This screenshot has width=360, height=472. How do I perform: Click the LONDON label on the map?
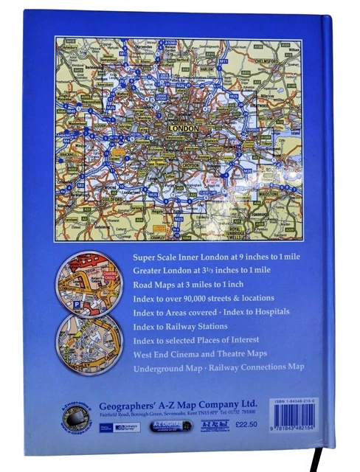[x=185, y=128]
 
